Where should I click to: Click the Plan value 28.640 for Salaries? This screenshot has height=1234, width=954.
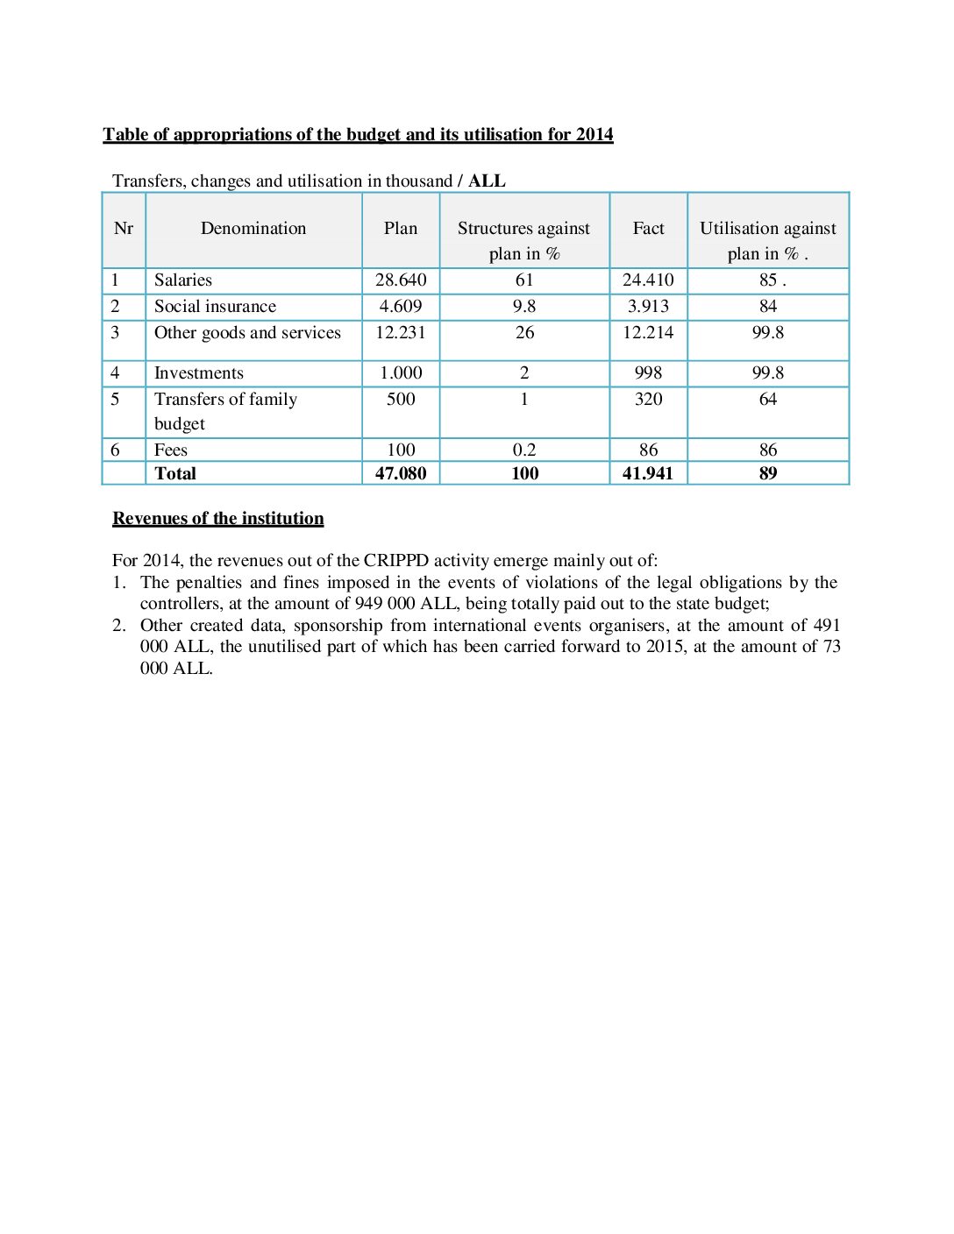(x=401, y=280)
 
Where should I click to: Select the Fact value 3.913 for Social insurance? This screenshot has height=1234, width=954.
(x=648, y=307)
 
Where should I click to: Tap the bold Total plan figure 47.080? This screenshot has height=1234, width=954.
(x=401, y=474)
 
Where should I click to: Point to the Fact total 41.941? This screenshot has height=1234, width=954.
(x=648, y=474)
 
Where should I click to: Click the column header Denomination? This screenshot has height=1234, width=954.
(x=253, y=229)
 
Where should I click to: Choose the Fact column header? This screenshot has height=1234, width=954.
(x=648, y=229)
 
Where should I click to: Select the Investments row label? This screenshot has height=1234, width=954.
(x=199, y=373)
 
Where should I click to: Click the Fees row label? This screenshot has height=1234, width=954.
(x=171, y=450)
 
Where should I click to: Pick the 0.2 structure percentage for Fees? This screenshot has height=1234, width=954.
(x=524, y=450)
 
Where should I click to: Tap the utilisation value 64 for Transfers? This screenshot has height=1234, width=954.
(x=768, y=400)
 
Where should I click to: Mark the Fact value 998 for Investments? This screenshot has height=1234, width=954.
(x=648, y=373)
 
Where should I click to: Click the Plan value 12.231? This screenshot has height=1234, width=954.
(x=401, y=333)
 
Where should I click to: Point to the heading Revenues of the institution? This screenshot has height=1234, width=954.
(x=218, y=519)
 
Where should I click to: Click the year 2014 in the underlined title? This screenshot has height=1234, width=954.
(x=594, y=135)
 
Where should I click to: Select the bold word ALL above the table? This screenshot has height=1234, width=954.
(x=487, y=181)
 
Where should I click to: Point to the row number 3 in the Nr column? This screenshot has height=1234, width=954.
(x=115, y=333)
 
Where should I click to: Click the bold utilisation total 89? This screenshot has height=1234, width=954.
(x=768, y=474)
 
